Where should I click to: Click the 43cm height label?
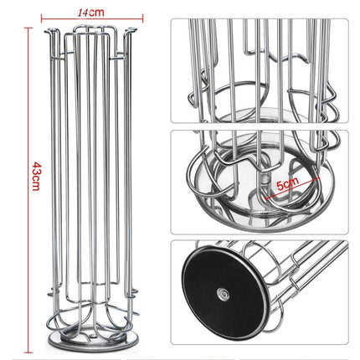[x=37, y=176]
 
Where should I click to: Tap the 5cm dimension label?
[x=287, y=183]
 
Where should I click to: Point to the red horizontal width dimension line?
[x=92, y=18]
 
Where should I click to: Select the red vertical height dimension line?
[x=28, y=190]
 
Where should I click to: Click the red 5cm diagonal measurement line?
[x=291, y=188]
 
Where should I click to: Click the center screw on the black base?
[x=223, y=294]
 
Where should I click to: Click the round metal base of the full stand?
[x=93, y=339]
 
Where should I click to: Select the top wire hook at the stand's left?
[x=53, y=31]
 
